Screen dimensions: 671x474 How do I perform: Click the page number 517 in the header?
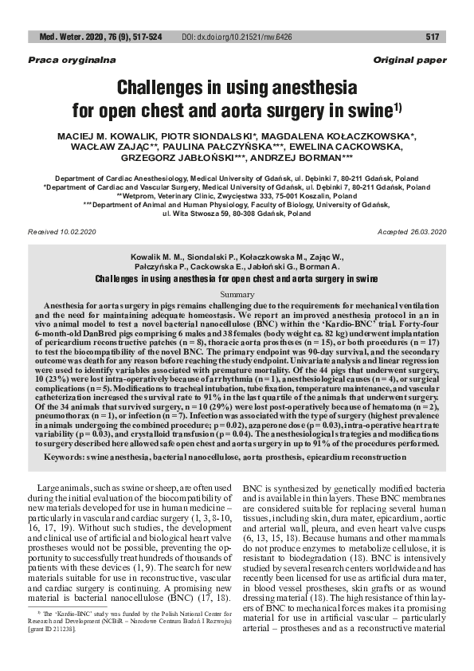pyautogui.click(x=433, y=37)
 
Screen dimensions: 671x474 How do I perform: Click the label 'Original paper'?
pyautogui.click(x=409, y=61)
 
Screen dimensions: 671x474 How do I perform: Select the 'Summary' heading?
pyautogui.click(x=237, y=295)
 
